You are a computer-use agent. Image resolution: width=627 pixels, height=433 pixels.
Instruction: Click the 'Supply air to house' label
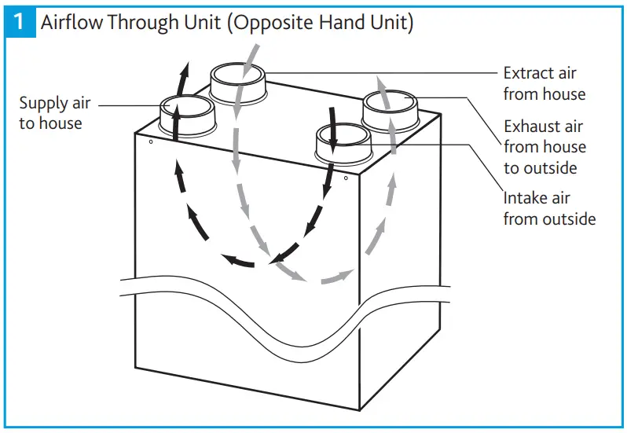[54, 112]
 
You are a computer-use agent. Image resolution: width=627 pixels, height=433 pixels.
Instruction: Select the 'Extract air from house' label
[544, 83]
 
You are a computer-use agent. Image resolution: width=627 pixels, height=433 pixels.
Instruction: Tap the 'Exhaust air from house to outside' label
[544, 146]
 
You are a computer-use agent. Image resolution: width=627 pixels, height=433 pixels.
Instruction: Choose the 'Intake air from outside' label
[549, 207]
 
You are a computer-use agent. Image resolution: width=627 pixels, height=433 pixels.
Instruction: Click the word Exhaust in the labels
[532, 126]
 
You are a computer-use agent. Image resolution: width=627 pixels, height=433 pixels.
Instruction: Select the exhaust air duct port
[390, 108]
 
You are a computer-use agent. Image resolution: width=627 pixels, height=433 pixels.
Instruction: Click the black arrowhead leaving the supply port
[183, 75]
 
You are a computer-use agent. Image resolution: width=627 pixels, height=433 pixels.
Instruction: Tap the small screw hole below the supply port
[150, 142]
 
